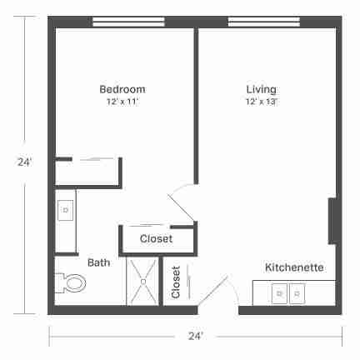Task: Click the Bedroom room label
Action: [122, 89]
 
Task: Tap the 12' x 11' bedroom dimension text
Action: [122, 102]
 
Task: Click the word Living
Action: [262, 89]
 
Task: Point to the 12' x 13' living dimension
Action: [262, 102]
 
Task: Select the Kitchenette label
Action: [294, 267]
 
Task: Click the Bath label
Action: [98, 262]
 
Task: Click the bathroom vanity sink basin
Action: [66, 210]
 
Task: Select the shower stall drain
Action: [143, 282]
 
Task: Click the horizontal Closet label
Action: [156, 238]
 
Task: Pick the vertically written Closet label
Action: [176, 282]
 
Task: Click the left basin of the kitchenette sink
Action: [279, 293]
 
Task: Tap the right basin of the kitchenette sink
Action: [297, 293]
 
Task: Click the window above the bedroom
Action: [128, 22]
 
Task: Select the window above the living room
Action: [264, 22]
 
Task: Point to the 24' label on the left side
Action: [25, 162]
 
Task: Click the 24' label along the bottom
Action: [196, 337]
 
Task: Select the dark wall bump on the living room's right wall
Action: [333, 221]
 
